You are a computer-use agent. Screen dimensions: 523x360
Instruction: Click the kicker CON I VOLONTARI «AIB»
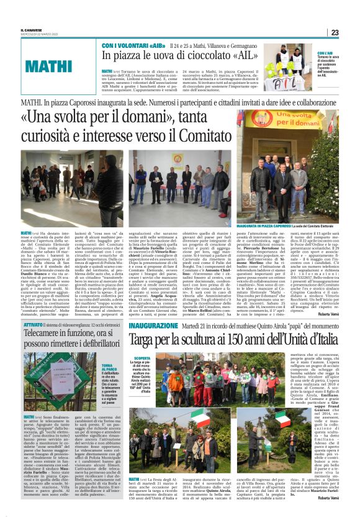[x=125, y=46]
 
